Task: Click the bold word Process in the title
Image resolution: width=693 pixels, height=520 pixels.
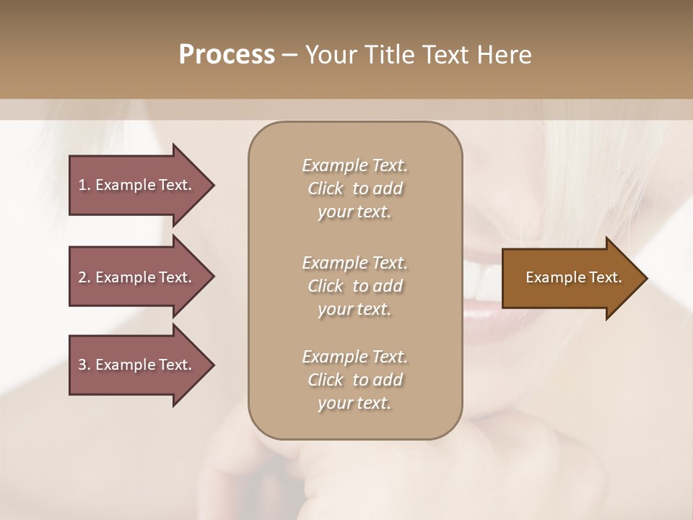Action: [227, 55]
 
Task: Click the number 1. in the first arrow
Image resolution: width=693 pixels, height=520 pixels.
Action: [84, 185]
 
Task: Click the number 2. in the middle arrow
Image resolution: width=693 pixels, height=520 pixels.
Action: [84, 277]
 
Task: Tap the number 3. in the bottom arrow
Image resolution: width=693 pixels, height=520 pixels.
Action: [84, 365]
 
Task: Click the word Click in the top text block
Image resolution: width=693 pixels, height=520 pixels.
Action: [326, 188]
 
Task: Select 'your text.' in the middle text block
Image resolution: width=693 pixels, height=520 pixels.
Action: [354, 309]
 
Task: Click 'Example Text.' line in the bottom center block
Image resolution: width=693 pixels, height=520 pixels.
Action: [354, 357]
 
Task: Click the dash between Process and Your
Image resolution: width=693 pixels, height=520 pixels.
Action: [290, 55]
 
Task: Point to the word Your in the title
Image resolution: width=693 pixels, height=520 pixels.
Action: [331, 55]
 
